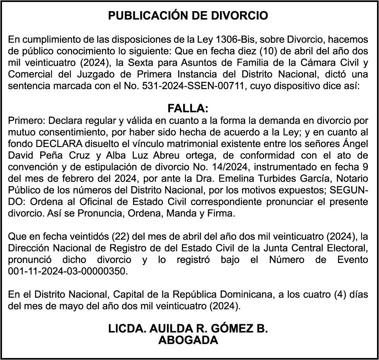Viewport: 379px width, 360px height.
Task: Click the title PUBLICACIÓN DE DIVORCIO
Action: [188, 16]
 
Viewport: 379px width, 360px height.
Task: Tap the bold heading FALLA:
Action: [188, 109]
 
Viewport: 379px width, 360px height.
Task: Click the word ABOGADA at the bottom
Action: [188, 340]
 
